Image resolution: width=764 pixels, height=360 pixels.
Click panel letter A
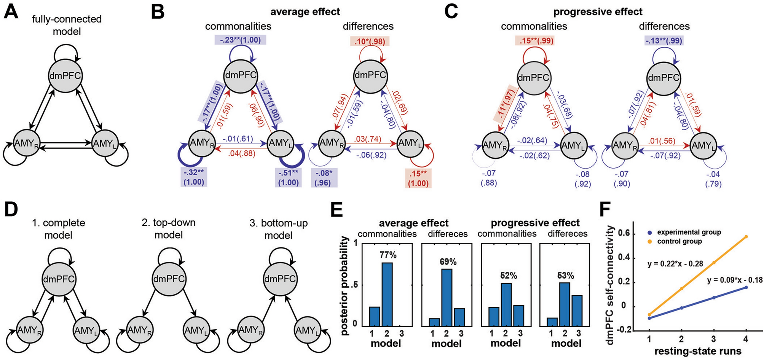coord(11,11)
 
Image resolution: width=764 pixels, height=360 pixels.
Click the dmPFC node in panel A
coord(65,76)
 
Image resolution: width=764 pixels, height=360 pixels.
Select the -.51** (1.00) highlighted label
coord(288,178)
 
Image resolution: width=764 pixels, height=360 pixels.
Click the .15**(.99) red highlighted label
coord(534,41)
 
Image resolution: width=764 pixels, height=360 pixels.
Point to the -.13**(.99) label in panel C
coord(664,41)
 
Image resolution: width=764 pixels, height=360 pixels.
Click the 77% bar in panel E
coord(387,293)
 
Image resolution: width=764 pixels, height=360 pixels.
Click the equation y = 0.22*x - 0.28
coord(675,263)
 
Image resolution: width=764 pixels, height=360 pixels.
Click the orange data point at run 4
coord(746,237)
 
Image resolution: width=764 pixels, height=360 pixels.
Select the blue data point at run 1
coord(649,318)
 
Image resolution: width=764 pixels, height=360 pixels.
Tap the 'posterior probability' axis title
coord(344,285)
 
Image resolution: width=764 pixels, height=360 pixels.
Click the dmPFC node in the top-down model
coord(168,279)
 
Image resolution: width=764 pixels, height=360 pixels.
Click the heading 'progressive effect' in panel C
coord(598,12)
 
